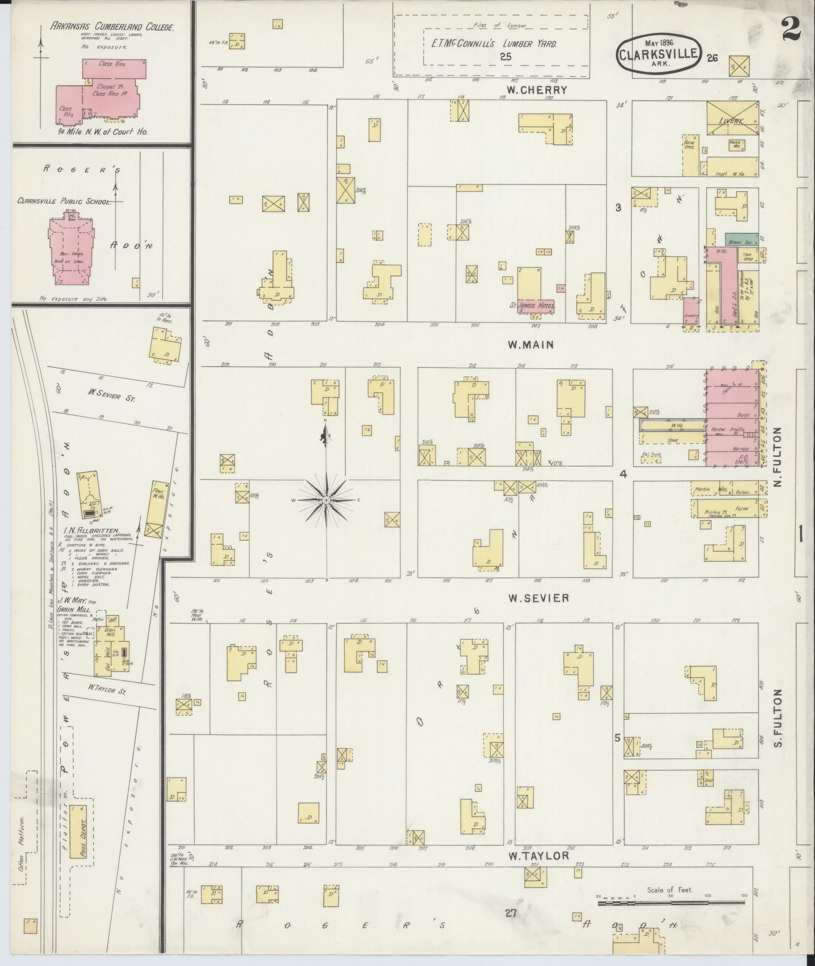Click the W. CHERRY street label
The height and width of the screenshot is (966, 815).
[537, 90]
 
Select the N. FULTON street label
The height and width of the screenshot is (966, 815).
[777, 457]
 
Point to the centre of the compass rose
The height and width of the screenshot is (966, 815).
[326, 500]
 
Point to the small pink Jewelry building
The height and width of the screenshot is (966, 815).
[691, 312]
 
